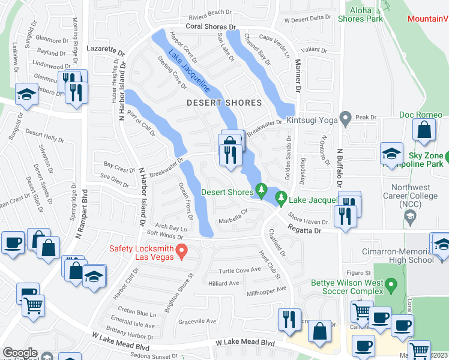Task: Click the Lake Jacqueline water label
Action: tap(189, 71)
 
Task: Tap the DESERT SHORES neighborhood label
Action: tap(224, 103)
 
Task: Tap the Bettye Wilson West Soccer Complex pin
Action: tap(391, 282)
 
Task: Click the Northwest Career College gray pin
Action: tap(411, 220)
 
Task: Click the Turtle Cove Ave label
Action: tap(240, 270)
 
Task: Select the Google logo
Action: tap(20, 353)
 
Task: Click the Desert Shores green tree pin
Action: tap(261, 190)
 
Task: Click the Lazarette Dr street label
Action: tap(104, 47)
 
